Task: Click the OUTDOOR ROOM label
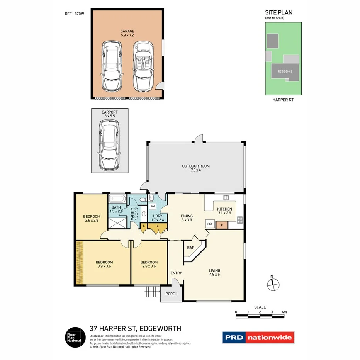(196, 168)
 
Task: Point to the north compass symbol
(273, 284)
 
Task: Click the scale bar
(260, 317)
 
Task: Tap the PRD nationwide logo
(258, 338)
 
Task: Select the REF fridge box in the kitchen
(210, 224)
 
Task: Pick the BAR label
(190, 248)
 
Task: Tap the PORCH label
(171, 294)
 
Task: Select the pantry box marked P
(222, 224)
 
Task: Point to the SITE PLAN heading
(278, 12)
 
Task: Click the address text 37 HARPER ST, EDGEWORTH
(135, 329)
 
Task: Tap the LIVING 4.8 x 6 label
(214, 273)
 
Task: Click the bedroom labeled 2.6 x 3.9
(92, 218)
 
